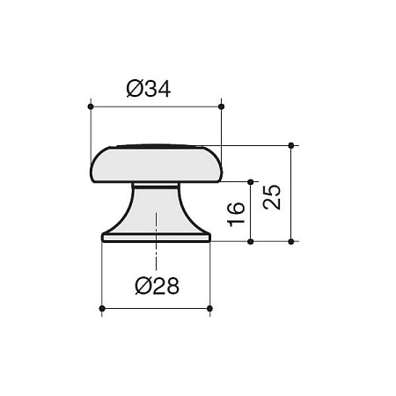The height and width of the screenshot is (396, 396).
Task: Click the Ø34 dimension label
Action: click(149, 89)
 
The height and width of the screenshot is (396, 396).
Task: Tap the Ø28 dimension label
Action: click(157, 286)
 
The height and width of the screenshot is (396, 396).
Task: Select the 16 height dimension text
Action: click(236, 214)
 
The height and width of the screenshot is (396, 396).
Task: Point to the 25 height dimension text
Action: click(272, 197)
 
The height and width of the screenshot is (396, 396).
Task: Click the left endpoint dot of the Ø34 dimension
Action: click(91, 106)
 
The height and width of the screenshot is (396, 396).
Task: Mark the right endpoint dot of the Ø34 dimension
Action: click(222, 106)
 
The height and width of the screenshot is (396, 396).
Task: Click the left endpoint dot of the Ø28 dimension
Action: click(102, 309)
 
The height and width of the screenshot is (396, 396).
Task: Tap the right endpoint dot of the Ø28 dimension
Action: click(209, 309)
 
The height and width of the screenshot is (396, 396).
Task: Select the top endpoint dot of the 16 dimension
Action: click(251, 182)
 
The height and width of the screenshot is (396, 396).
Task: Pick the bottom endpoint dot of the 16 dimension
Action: click(251, 242)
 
